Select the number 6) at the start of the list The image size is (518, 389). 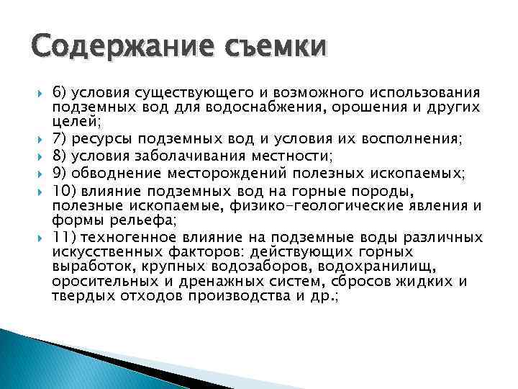(60, 94)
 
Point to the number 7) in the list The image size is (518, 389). (60, 138)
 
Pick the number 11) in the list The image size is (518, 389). (64, 238)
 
